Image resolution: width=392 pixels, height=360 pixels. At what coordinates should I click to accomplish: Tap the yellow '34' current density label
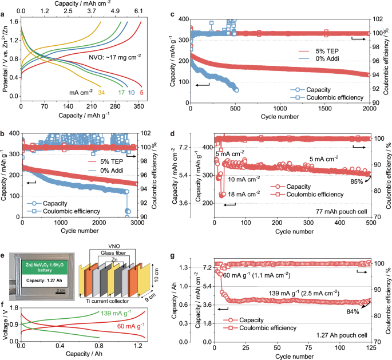tap(102, 92)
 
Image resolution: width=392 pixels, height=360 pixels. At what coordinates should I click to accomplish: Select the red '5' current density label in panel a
tap(141, 92)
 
